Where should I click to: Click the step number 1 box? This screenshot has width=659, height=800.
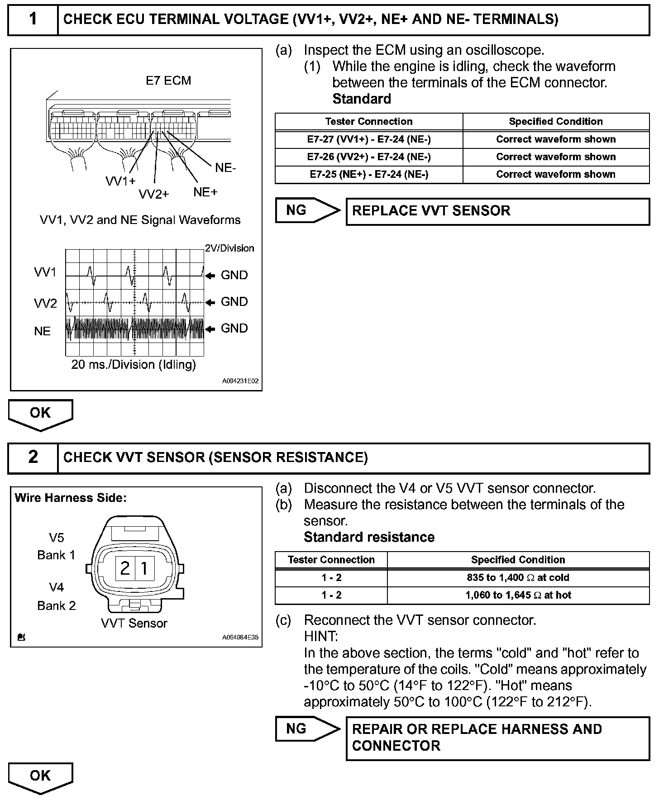33,19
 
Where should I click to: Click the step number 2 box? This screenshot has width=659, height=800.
33,457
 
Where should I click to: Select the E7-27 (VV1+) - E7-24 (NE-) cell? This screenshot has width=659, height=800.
369,139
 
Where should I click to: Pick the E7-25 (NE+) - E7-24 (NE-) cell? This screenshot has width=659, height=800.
369,175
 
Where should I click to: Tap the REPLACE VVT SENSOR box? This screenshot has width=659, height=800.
497,211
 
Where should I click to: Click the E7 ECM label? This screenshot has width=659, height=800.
168,81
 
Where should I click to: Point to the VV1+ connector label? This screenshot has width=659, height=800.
120,181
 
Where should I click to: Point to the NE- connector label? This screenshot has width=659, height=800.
225,168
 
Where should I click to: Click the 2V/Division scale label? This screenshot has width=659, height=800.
229,248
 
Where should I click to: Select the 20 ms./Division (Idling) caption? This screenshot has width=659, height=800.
134,365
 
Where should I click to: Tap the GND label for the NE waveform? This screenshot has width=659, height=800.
234,329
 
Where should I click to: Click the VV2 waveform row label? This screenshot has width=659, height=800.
45,303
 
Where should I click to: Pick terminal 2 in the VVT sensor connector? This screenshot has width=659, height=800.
125,568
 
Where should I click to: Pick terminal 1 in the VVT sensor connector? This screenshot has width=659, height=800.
144,568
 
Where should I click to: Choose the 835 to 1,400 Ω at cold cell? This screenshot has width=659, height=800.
518,578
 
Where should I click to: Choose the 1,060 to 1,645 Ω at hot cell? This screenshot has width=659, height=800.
518,595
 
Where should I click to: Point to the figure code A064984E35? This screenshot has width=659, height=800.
240,638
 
